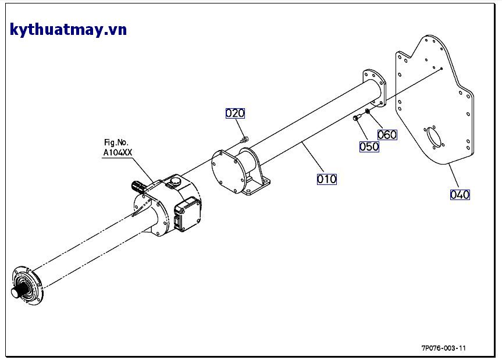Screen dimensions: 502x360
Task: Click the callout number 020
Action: tap(235, 113)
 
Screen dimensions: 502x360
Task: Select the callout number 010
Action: tap(326, 179)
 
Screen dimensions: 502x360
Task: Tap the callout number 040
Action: tap(460, 195)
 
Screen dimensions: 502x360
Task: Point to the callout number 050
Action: tap(369, 147)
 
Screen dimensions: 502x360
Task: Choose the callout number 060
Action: tap(387, 135)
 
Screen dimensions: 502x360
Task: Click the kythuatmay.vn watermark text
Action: tap(68, 30)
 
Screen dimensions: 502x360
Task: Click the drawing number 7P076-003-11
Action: tap(443, 348)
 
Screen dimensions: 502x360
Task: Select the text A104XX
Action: tap(118, 152)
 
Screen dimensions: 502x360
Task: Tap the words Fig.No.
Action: tap(116, 142)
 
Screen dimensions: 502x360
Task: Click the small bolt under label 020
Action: tap(244, 139)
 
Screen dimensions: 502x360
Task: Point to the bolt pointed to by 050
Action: tap(357, 117)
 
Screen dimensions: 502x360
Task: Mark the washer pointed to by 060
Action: tap(367, 111)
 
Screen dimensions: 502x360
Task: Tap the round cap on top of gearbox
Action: tap(173, 183)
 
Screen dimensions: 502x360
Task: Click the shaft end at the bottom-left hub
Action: tap(16, 293)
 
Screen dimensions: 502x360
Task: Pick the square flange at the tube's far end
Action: tap(374, 88)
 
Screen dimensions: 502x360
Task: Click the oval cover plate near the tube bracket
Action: tap(228, 171)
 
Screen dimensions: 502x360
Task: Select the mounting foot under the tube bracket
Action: tap(255, 187)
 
